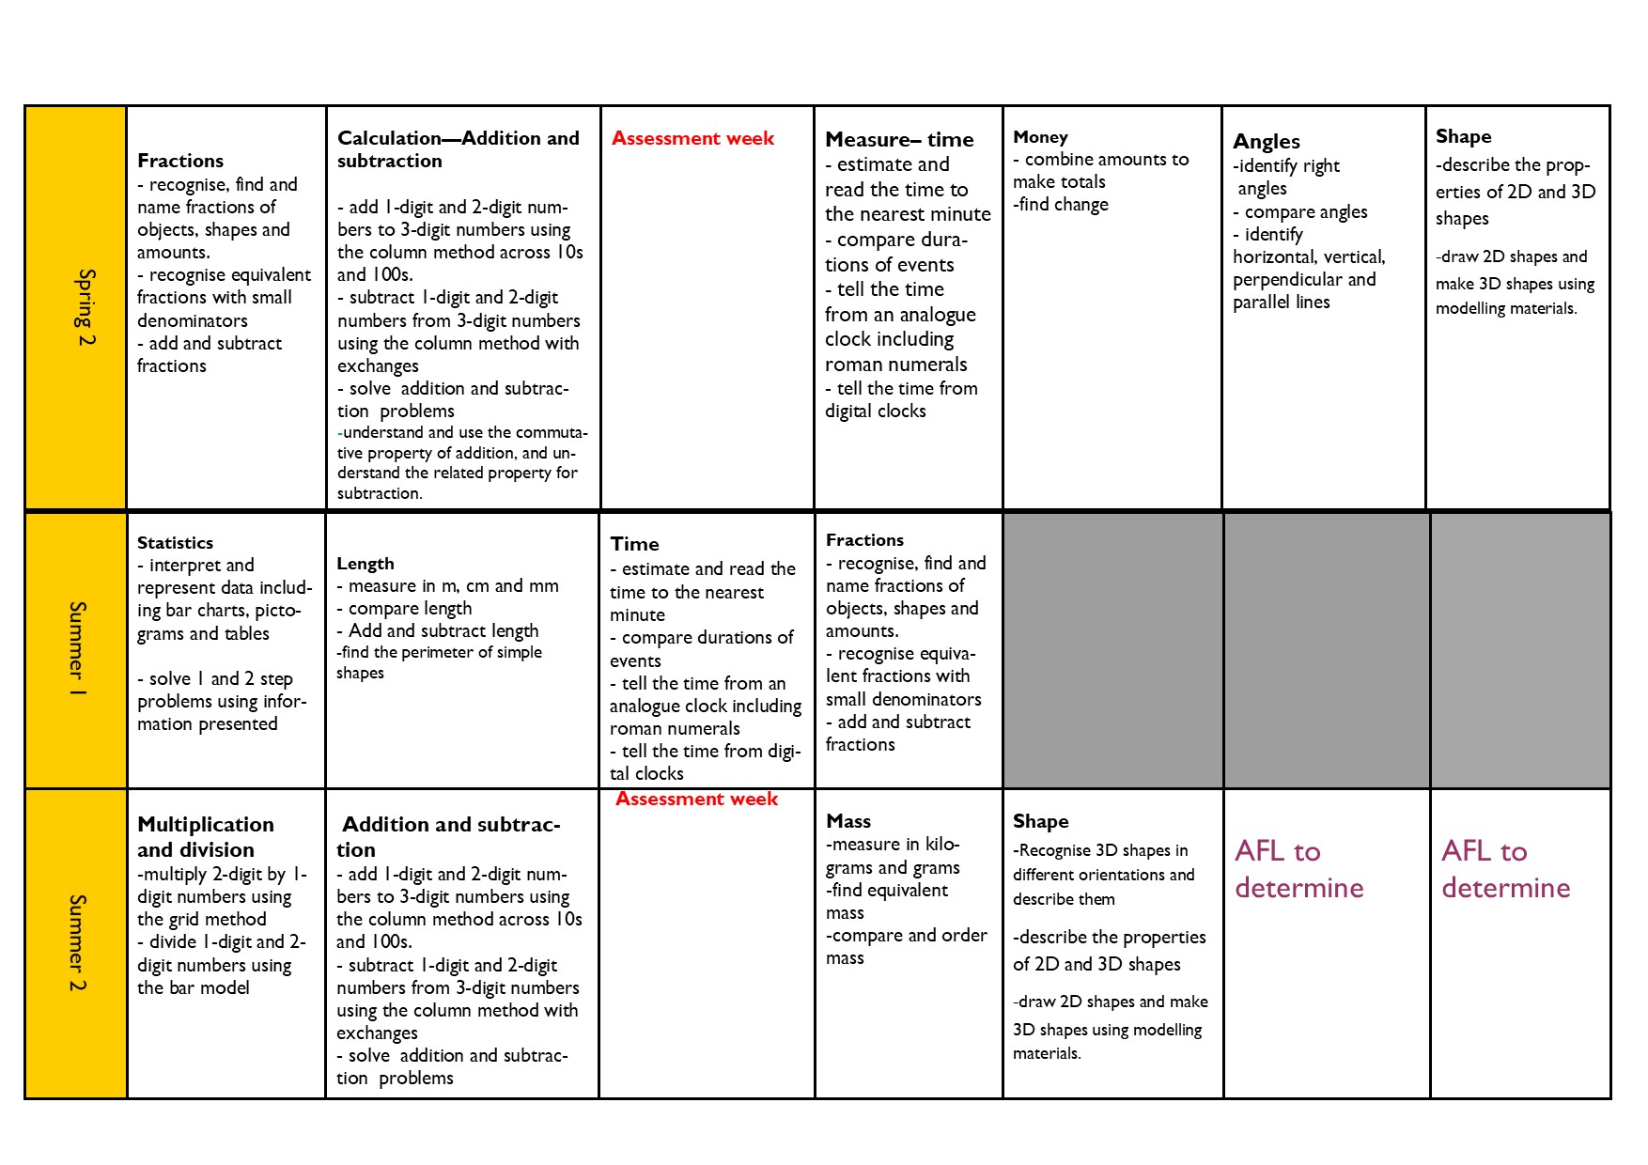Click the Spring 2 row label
pyautogui.click(x=86, y=307)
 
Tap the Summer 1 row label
pyautogui.click(x=78, y=649)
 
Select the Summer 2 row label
pyautogui.click(x=78, y=942)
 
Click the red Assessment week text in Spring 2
pyautogui.click(x=692, y=138)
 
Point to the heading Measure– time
pyautogui.click(x=899, y=140)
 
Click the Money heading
pyautogui.click(x=1040, y=137)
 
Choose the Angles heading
pyautogui.click(x=1266, y=142)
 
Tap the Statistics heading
pyautogui.click(x=175, y=543)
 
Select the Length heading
pyautogui.click(x=365, y=564)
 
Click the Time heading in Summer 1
pyautogui.click(x=634, y=544)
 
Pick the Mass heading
pyautogui.click(x=847, y=821)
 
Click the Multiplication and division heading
pyautogui.click(x=206, y=836)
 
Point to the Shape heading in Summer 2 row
pyautogui.click(x=1040, y=821)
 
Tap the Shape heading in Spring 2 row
pyautogui.click(x=1463, y=137)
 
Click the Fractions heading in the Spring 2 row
pyautogui.click(x=180, y=161)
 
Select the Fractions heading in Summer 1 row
pyautogui.click(x=864, y=540)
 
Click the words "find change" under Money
pyautogui.click(x=1063, y=205)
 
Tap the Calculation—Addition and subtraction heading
pyautogui.click(x=458, y=149)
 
